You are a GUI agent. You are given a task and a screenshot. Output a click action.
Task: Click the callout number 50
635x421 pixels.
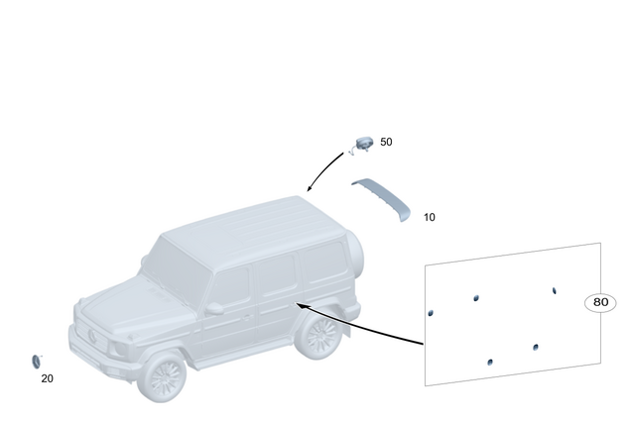[386, 143]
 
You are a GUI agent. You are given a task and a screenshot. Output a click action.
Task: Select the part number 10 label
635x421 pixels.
[429, 217]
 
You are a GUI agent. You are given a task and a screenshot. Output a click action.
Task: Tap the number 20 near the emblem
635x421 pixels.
[48, 378]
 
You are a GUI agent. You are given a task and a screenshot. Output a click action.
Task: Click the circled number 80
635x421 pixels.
[600, 302]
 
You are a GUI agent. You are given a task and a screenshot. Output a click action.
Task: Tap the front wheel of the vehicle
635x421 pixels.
[162, 377]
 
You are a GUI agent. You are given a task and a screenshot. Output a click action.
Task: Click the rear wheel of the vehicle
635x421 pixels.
[319, 336]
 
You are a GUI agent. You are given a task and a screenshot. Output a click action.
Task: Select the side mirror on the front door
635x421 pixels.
[213, 308]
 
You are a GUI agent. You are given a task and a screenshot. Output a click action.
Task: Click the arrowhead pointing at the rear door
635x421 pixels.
[301, 306]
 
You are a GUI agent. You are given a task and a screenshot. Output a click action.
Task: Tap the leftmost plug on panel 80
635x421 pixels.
[431, 312]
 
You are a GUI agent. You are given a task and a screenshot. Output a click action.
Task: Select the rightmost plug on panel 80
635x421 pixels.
[555, 290]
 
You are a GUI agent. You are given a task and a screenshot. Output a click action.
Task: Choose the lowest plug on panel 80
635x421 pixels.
[490, 363]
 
